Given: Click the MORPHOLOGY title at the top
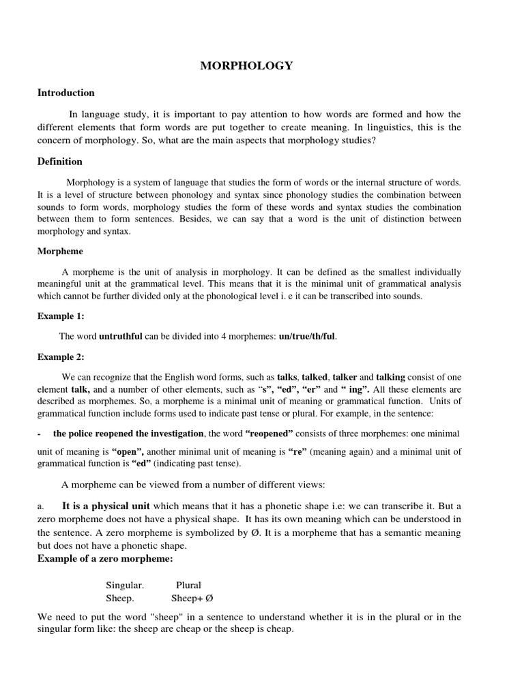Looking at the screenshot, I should [x=246, y=65].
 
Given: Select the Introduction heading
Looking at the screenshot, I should [x=65, y=93].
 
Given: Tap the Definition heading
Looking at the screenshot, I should [x=59, y=162].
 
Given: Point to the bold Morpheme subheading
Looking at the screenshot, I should [x=59, y=251].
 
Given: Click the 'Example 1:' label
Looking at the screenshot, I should [x=60, y=316].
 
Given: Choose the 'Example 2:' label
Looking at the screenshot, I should [x=60, y=356].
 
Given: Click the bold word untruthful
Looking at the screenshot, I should [x=121, y=336].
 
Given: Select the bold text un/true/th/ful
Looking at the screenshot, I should [x=308, y=336].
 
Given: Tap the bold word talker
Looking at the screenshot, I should [x=345, y=376].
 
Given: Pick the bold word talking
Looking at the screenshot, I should [x=390, y=376].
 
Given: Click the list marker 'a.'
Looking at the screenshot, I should [x=41, y=506].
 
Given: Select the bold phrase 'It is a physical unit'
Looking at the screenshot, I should [x=106, y=506].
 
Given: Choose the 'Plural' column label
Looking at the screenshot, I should [x=188, y=586].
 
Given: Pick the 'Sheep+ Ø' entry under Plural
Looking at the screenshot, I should [x=192, y=598].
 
